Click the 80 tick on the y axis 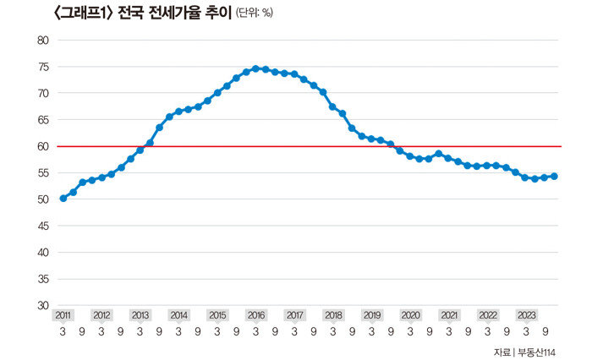point(43,40)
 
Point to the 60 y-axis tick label point(43,146)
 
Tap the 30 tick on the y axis point(43,305)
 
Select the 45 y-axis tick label point(43,226)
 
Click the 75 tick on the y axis point(43,66)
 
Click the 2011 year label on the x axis point(63,315)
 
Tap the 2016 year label point(256,315)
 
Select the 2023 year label point(526,315)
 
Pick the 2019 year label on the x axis point(372,315)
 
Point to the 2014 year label point(179,315)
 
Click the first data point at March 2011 point(63,199)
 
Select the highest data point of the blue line point(255,68)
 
